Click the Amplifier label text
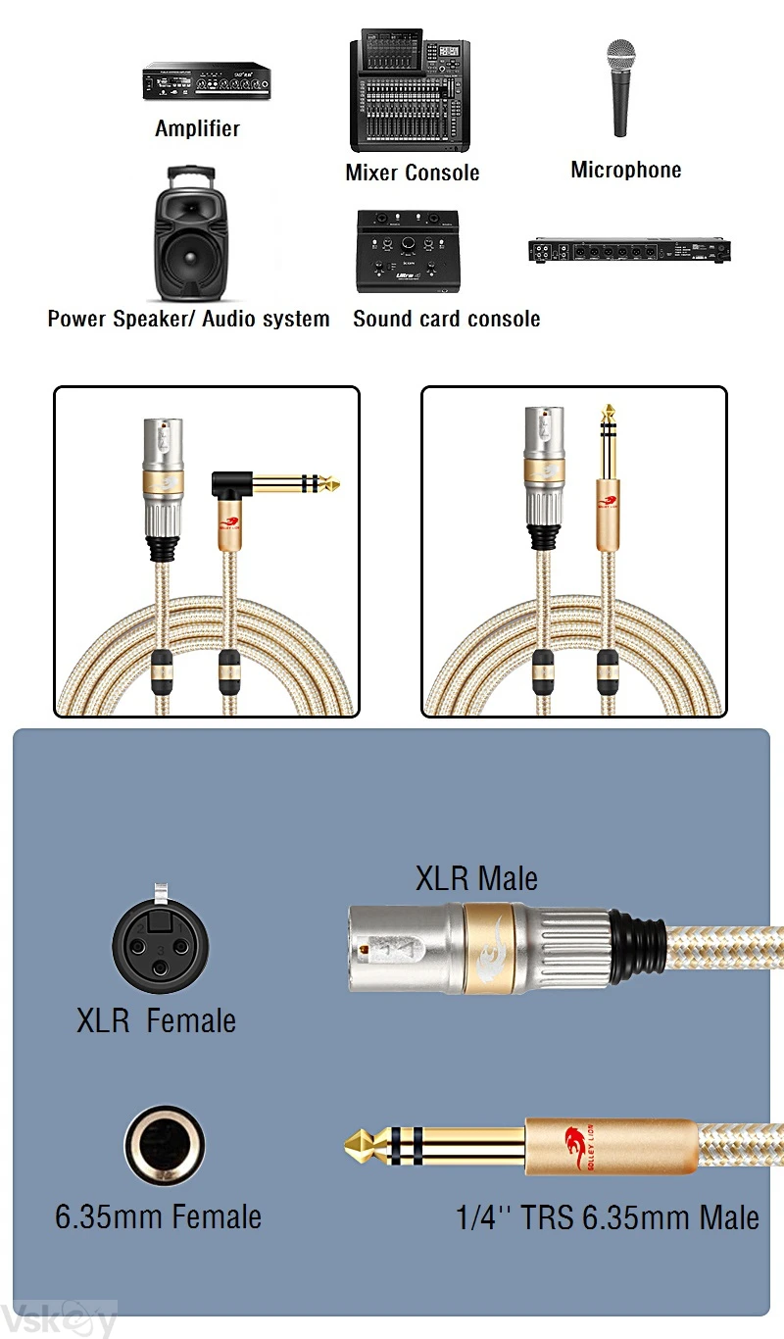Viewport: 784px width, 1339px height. coord(197,128)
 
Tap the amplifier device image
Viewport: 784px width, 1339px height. coord(207,82)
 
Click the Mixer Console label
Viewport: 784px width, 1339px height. coord(412,174)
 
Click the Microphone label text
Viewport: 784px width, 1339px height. coord(625,171)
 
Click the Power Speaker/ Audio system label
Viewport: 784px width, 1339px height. coord(188,320)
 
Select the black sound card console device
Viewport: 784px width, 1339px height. coord(410,251)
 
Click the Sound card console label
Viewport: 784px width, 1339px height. coord(446,320)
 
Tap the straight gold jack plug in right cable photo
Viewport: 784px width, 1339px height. coord(608,471)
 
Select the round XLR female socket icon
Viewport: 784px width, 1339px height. coord(160,947)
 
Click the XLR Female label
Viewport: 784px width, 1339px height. coord(157,1021)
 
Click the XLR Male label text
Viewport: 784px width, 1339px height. coord(476,878)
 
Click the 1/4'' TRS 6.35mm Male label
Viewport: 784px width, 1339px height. coord(608,1218)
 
